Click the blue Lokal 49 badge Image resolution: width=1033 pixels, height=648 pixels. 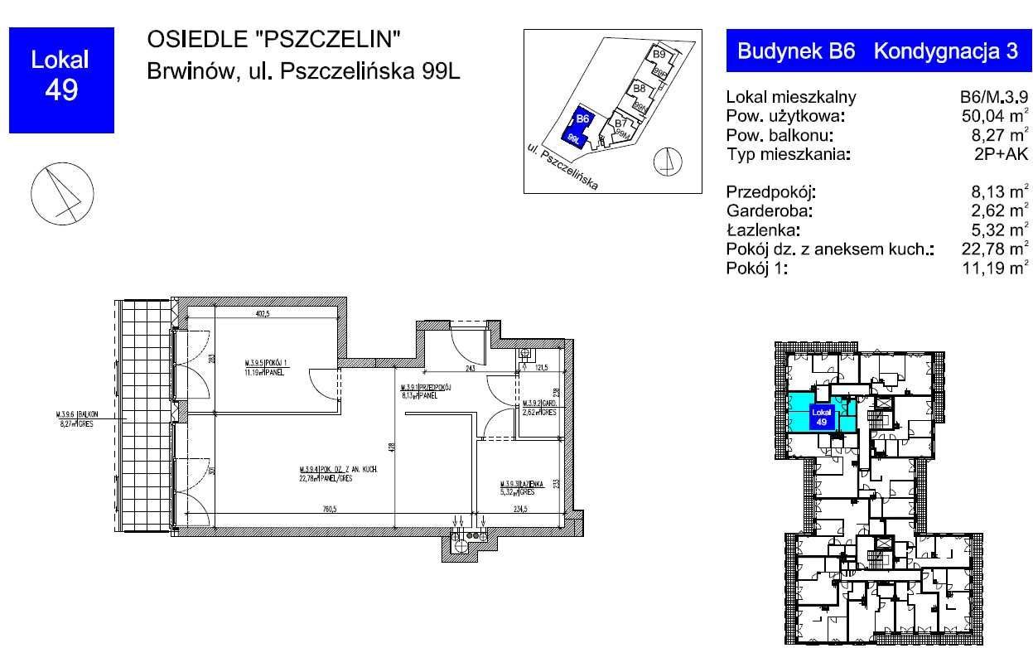click(x=60, y=79)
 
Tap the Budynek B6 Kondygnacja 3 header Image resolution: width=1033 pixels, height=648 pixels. click(x=877, y=51)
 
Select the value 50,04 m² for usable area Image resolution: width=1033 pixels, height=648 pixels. click(x=989, y=116)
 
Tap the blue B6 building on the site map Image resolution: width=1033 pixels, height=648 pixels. click(x=577, y=128)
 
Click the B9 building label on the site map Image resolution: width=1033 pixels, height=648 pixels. click(x=659, y=55)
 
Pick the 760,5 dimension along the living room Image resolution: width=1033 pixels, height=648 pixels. click(x=330, y=510)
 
